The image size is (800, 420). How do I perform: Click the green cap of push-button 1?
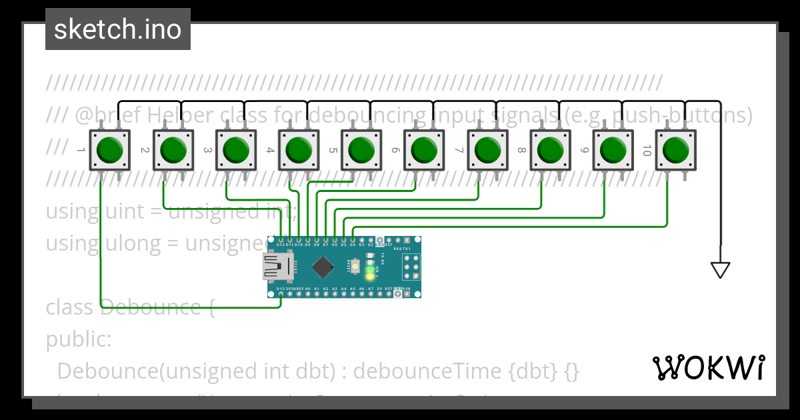point(109,150)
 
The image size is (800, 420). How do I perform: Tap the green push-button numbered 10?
point(676,150)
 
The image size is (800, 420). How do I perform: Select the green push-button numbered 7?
point(487,150)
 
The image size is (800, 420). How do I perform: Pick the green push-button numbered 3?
point(235,150)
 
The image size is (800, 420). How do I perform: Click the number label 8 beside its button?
point(521,151)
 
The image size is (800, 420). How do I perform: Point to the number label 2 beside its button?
point(144,151)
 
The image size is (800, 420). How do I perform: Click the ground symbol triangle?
point(721,270)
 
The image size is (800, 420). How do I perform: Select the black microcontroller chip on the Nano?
point(323,267)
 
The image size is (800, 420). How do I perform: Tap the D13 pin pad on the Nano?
point(281,294)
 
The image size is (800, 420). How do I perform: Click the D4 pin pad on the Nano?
point(353,240)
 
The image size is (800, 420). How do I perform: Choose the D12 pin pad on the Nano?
point(281,240)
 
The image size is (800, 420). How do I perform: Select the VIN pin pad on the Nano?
point(407,294)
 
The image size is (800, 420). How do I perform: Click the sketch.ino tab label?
point(117,29)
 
